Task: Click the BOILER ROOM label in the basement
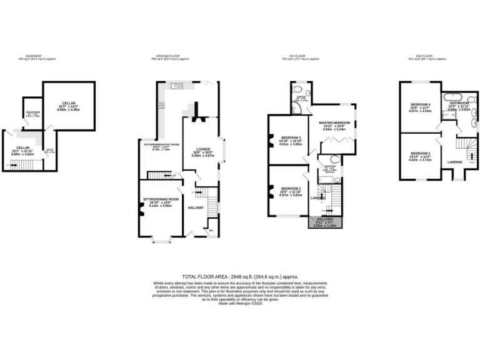tap(32, 113)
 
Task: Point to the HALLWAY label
tap(196, 207)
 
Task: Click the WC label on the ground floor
tap(211, 230)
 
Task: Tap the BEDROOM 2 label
tap(291, 188)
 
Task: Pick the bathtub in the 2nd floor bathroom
tap(461, 97)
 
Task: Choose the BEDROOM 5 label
tap(421, 153)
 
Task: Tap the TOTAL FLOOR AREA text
tap(240, 276)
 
